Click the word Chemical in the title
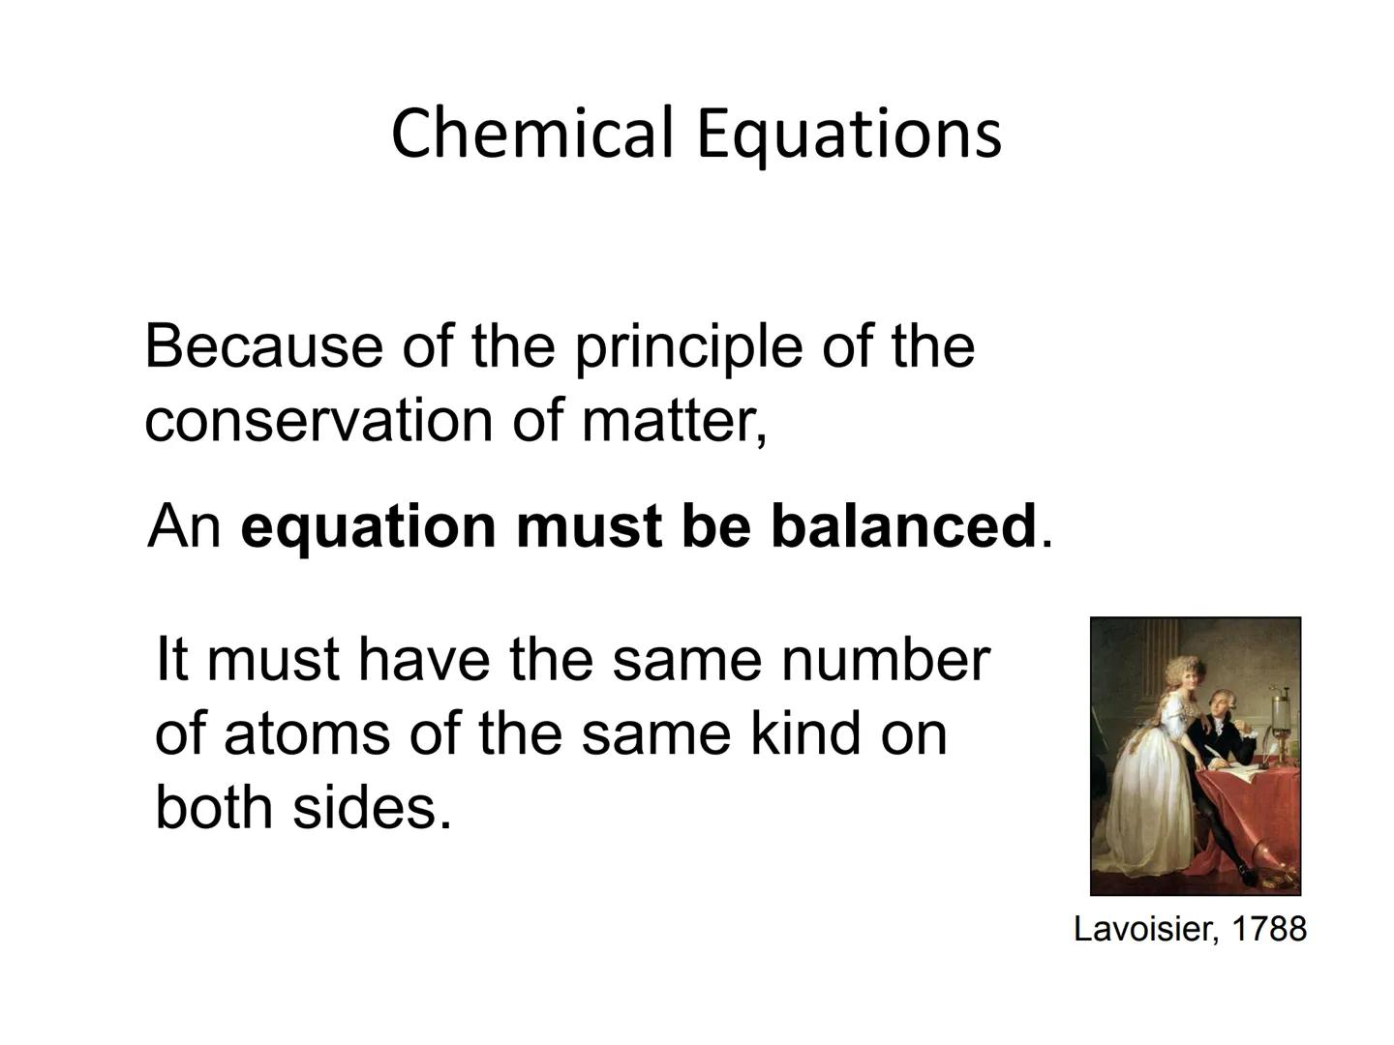(x=531, y=133)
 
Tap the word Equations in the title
(x=848, y=134)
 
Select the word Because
(x=263, y=345)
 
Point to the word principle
(x=688, y=347)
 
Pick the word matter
(x=675, y=421)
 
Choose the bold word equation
(x=368, y=526)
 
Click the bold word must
(x=590, y=526)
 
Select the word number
(x=885, y=659)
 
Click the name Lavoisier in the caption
(x=1143, y=929)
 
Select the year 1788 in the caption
(x=1269, y=929)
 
